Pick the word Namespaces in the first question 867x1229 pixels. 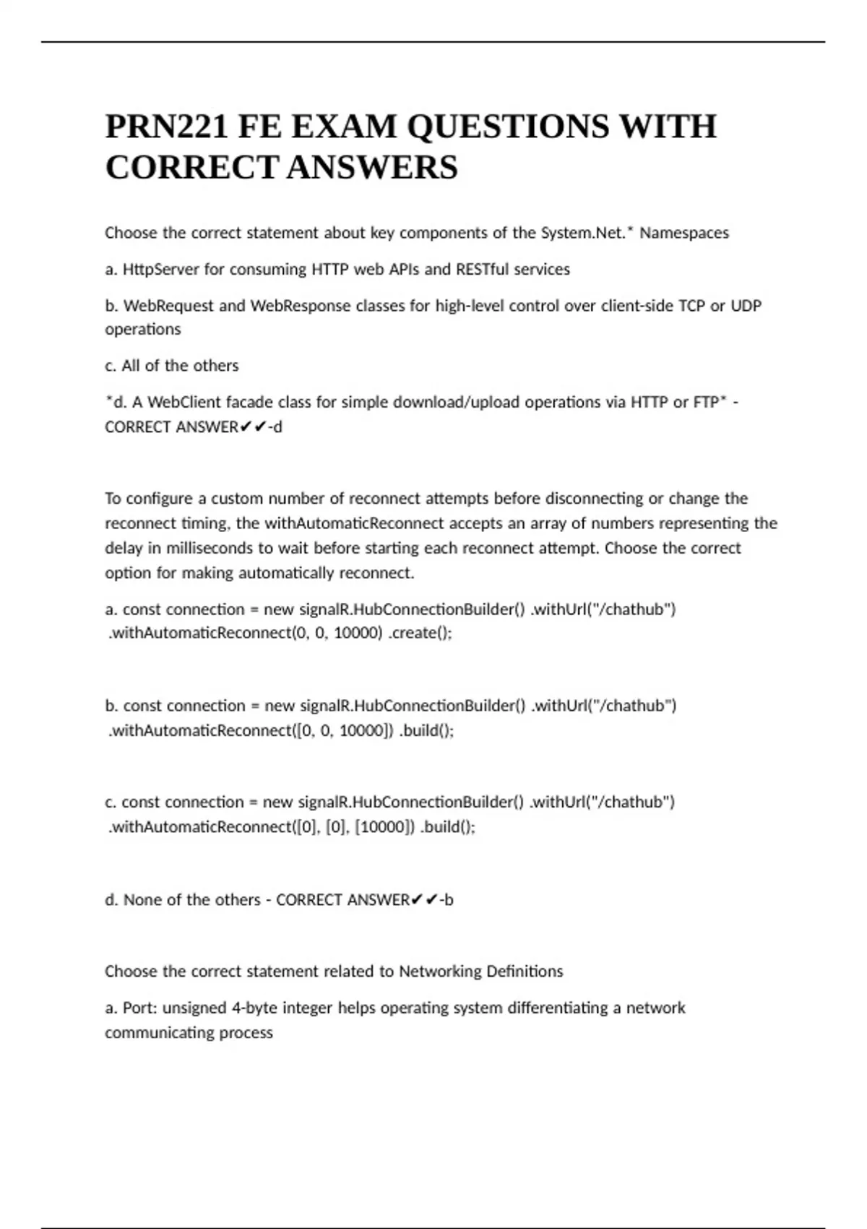(684, 233)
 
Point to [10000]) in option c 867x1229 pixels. (385, 827)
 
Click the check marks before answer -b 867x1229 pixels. (425, 900)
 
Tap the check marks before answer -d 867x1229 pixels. (253, 427)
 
